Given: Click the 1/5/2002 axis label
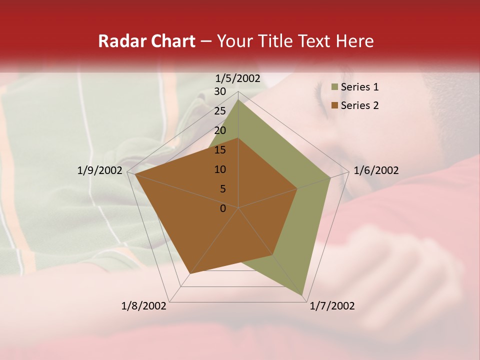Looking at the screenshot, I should [238, 78].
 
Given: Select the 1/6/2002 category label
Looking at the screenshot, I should [376, 170].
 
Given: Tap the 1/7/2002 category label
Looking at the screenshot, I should [332, 306].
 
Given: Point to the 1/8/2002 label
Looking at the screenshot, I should [144, 306].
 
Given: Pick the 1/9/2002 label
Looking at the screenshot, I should [100, 170].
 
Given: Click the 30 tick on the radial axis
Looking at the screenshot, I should [220, 91].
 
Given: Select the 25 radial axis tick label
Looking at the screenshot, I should [220, 111].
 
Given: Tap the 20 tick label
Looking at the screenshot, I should [220, 130].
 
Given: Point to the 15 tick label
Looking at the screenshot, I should [220, 150].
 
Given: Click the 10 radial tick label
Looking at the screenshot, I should [220, 169].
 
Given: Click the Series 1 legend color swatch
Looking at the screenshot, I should [334, 87].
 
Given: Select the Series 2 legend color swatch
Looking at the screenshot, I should [334, 105].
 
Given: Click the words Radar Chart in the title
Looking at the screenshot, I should [146, 41].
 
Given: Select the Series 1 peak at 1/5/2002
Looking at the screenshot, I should [238, 99].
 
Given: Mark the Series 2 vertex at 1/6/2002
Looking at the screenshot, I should [297, 188].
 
